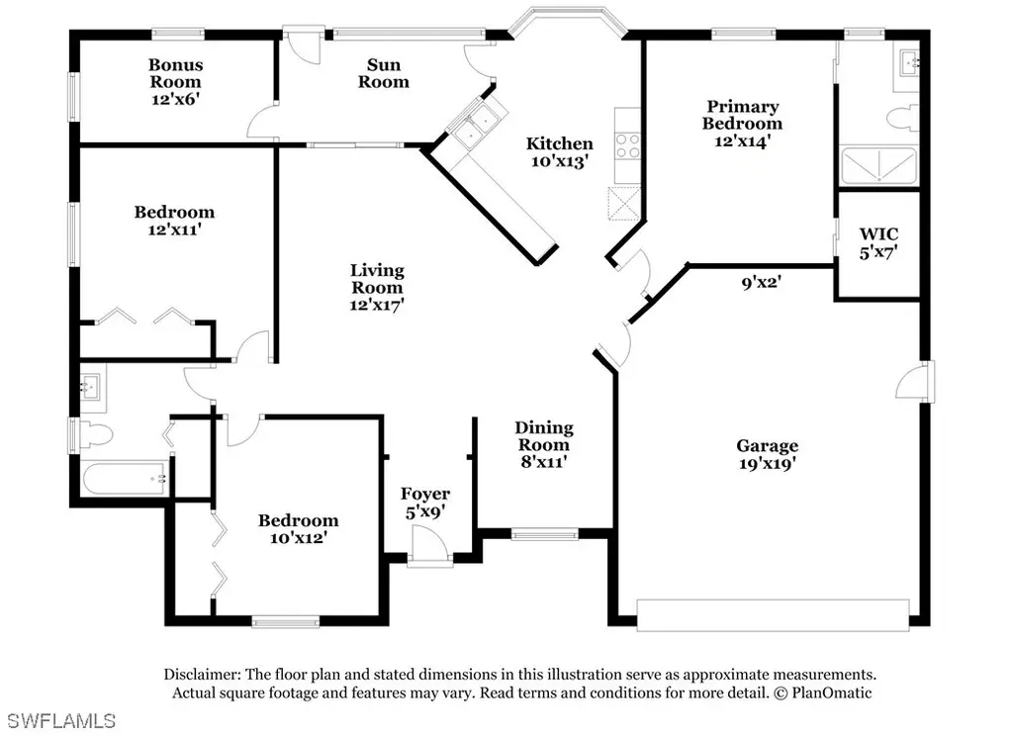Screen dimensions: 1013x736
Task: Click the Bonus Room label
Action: click(176, 73)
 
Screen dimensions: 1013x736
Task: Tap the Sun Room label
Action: click(384, 73)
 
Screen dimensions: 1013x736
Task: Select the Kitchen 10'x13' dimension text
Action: click(560, 161)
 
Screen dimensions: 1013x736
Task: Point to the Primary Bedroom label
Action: click(742, 115)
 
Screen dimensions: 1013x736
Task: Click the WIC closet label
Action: click(878, 233)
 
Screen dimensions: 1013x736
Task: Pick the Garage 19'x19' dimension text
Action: click(768, 463)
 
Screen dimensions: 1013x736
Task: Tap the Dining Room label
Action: click(544, 436)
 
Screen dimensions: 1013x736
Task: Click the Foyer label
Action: click(425, 494)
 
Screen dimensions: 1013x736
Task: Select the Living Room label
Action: click(377, 279)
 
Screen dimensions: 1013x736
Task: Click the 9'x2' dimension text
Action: click(762, 282)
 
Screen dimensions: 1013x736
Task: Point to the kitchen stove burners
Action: click(627, 146)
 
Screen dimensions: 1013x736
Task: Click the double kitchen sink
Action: click(474, 126)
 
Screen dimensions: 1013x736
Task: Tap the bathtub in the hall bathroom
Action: click(126, 478)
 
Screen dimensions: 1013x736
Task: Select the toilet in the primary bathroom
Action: click(902, 119)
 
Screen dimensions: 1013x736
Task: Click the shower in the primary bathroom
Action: click(878, 166)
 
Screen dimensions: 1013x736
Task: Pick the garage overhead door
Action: click(774, 615)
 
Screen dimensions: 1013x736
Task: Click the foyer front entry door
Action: click(430, 547)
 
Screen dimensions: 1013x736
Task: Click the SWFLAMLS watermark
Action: click(62, 720)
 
